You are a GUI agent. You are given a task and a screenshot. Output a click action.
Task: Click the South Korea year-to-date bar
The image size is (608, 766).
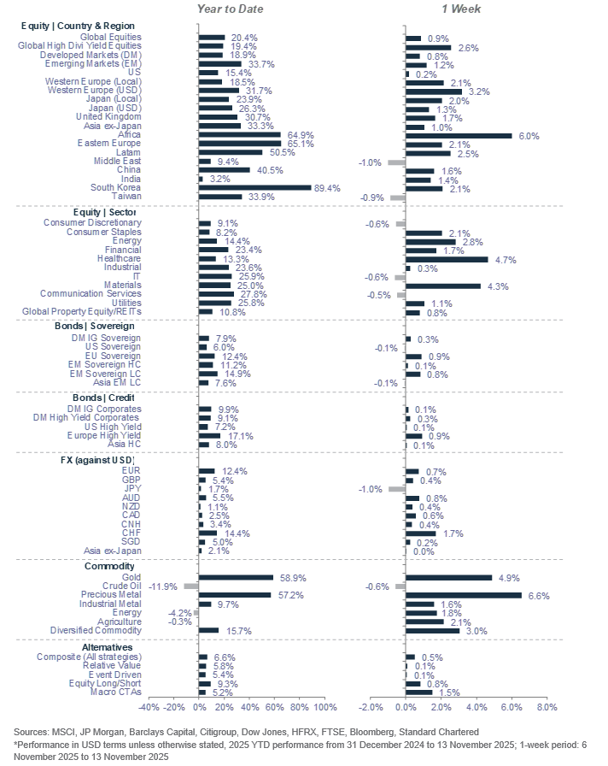click(254, 187)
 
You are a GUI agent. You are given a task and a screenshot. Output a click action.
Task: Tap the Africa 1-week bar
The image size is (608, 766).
click(458, 135)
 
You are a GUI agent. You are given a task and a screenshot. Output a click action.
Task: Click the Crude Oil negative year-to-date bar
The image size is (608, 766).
click(190, 586)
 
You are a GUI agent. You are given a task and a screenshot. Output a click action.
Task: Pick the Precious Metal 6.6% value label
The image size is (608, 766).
click(537, 595)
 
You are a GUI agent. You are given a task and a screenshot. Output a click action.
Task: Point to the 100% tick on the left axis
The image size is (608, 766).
click(325, 707)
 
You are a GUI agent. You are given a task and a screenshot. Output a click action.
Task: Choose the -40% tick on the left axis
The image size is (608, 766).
click(149, 707)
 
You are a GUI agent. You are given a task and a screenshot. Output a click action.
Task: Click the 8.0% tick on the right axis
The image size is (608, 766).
click(547, 707)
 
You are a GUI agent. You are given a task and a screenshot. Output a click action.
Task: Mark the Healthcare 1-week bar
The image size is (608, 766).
click(447, 258)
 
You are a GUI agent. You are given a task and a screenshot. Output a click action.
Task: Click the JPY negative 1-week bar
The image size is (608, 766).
click(396, 489)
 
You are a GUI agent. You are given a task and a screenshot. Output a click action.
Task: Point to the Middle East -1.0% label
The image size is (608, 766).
click(369, 162)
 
